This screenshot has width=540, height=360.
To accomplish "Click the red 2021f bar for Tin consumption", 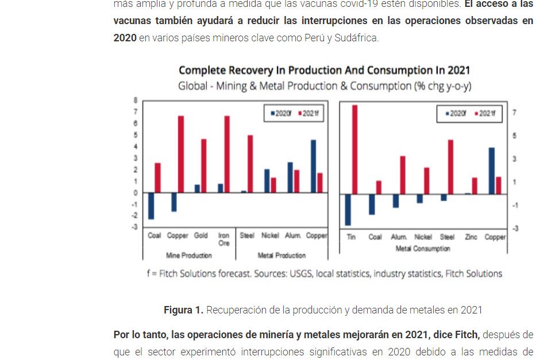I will (x=354, y=149).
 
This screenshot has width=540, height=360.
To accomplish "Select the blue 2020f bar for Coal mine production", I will (x=151, y=206).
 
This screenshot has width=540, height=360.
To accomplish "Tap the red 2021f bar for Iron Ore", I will (x=227, y=154).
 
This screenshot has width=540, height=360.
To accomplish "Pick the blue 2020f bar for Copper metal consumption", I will (x=492, y=171).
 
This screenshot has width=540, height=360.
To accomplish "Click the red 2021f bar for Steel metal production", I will (x=250, y=164).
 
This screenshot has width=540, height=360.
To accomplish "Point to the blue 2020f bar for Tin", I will (x=348, y=209).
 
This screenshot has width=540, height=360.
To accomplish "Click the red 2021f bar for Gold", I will (x=203, y=165).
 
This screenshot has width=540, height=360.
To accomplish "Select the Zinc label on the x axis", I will (x=471, y=237).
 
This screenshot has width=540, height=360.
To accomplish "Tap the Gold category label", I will (x=200, y=235).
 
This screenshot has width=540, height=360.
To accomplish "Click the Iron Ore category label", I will (x=223, y=239).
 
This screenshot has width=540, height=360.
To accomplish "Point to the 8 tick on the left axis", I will (x=136, y=99).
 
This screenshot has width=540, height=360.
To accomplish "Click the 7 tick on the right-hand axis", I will (x=514, y=113).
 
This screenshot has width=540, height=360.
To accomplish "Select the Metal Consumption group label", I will (x=423, y=249).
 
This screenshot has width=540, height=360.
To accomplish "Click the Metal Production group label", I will (x=281, y=255).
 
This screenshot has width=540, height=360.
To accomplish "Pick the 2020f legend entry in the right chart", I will (x=456, y=114).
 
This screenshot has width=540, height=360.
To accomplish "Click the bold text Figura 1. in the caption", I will (x=183, y=310).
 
